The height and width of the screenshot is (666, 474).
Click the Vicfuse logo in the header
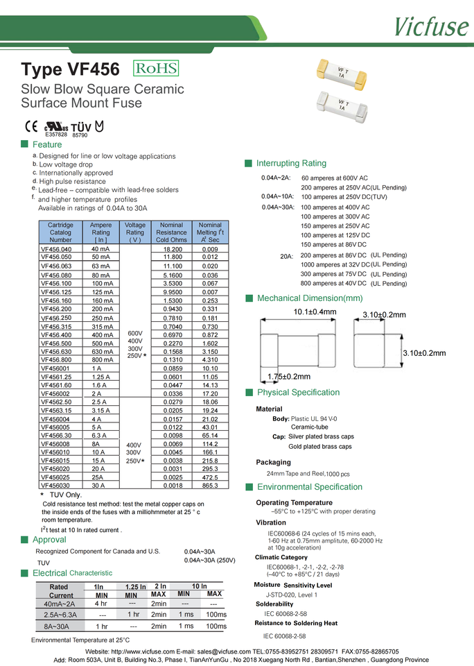(x=430, y=26)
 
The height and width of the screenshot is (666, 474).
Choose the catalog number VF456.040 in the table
(x=56, y=249)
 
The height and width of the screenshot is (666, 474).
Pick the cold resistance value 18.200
(x=172, y=249)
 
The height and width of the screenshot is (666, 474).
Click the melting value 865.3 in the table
(x=210, y=486)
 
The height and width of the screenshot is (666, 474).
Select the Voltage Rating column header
(x=135, y=232)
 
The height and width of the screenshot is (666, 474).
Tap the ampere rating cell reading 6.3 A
(x=100, y=436)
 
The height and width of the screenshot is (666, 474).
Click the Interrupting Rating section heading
(x=291, y=164)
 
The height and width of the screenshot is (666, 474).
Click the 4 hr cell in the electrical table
(x=100, y=603)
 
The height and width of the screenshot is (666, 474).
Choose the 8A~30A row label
(x=56, y=626)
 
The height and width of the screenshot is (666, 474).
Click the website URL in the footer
(x=142, y=651)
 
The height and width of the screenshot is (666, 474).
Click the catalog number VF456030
(x=56, y=486)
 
